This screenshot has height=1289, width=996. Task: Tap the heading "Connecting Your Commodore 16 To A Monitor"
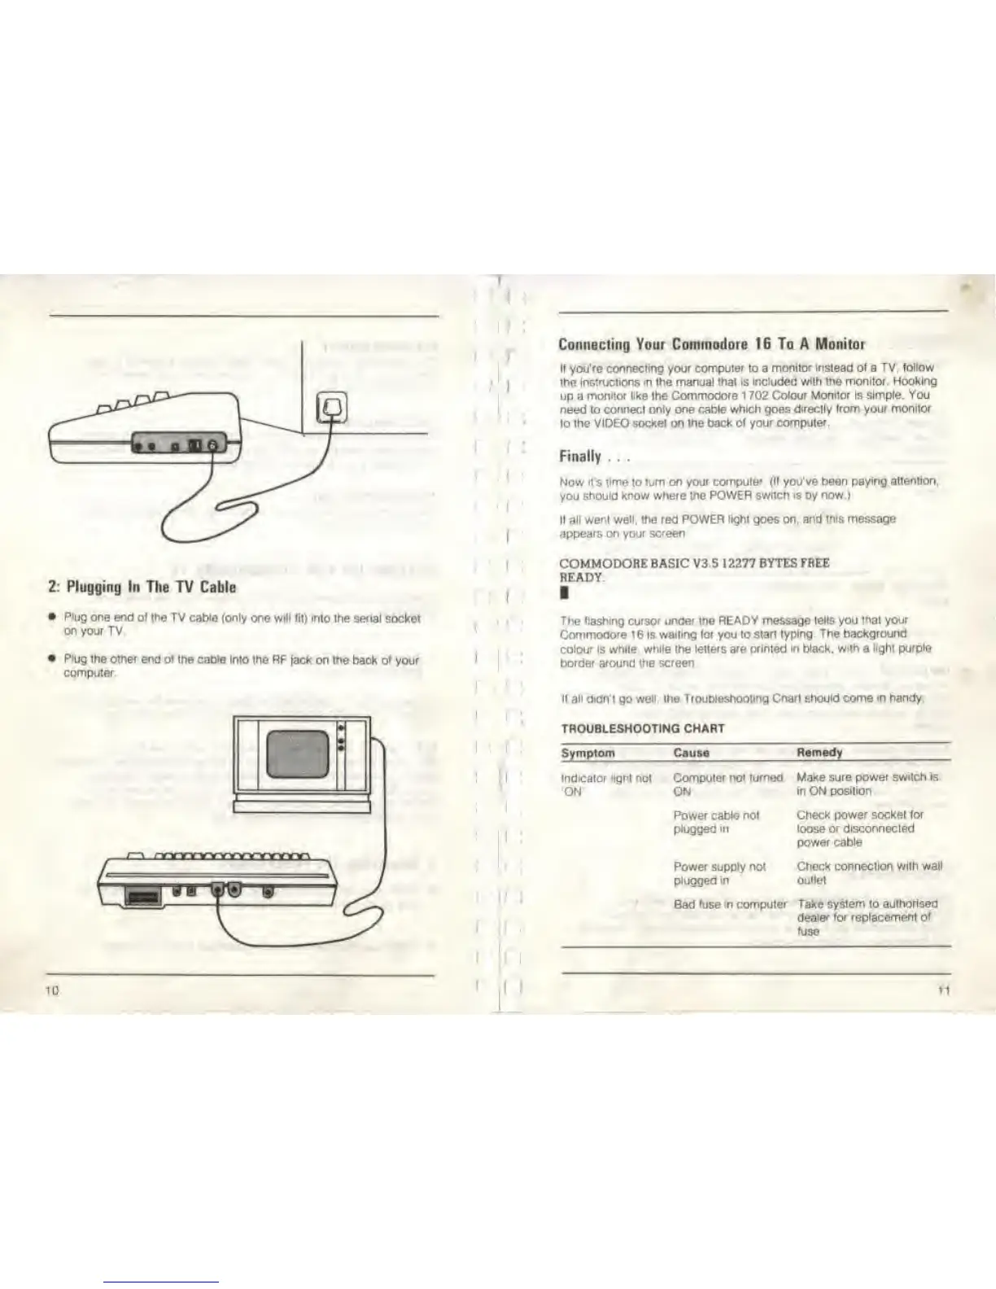click(713, 343)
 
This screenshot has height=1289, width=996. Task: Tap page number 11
click(943, 990)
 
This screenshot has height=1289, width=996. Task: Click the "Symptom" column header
click(588, 753)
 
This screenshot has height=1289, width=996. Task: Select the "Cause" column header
click(691, 753)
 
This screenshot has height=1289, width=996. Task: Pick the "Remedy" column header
click(819, 753)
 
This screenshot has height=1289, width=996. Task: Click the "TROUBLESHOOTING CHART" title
click(643, 728)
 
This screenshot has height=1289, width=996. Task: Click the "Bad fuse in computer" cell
click(729, 904)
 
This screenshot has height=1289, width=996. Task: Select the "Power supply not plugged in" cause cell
click(719, 873)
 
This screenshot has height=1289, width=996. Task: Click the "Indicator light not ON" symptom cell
click(606, 784)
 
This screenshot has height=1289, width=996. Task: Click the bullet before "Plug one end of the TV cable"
click(52, 618)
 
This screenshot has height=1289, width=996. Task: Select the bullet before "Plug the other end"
click(52, 659)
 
